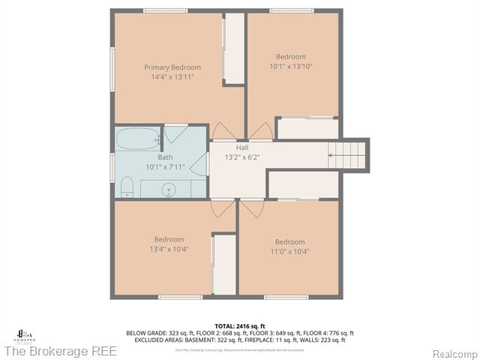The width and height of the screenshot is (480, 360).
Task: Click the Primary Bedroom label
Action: (x=172, y=67)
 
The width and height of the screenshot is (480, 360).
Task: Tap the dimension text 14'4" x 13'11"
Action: (x=172, y=76)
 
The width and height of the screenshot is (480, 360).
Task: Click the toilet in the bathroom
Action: (x=126, y=187)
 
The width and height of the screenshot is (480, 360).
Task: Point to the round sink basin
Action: (x=170, y=189)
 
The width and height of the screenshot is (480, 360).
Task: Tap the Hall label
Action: (x=242, y=148)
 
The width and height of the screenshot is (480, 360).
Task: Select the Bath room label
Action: (x=165, y=157)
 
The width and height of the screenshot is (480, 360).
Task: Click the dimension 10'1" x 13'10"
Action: (x=290, y=67)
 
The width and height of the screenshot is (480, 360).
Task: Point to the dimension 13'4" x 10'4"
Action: (x=169, y=249)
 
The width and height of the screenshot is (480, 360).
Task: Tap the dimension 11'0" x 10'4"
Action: (x=289, y=251)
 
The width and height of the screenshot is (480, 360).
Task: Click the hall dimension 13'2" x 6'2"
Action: (x=242, y=157)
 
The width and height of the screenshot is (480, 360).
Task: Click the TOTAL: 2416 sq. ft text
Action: (x=240, y=326)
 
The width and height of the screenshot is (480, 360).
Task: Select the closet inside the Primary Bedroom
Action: (x=234, y=48)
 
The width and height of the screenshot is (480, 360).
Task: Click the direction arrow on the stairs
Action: (x=331, y=155)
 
